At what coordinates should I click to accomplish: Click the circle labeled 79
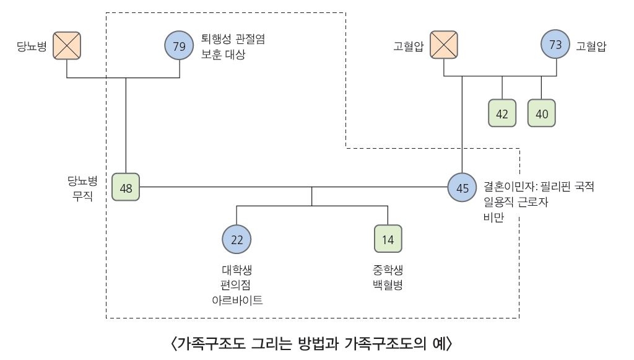(x=180, y=46)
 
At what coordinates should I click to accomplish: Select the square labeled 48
(x=126, y=187)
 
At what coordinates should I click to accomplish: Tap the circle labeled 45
(x=462, y=187)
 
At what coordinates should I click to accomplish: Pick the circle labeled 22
(x=237, y=239)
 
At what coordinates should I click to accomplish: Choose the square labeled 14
(x=388, y=239)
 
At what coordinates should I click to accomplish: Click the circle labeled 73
(x=555, y=45)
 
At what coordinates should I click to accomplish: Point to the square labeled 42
(x=502, y=113)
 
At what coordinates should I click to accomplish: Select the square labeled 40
(x=542, y=113)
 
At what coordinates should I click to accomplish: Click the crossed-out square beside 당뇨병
(x=67, y=46)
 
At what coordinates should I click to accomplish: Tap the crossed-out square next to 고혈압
(x=444, y=46)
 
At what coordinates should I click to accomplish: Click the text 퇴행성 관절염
(x=233, y=38)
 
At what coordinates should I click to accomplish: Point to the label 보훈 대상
(x=223, y=55)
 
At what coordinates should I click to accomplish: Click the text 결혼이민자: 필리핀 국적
(x=539, y=187)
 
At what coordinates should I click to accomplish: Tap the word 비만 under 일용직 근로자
(x=494, y=216)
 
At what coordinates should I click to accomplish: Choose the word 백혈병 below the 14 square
(x=388, y=285)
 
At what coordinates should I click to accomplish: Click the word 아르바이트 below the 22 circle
(x=237, y=301)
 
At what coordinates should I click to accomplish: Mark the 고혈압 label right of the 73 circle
(x=591, y=46)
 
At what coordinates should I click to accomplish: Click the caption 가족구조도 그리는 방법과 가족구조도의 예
(x=312, y=342)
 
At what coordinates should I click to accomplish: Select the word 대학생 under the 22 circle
(x=237, y=270)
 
